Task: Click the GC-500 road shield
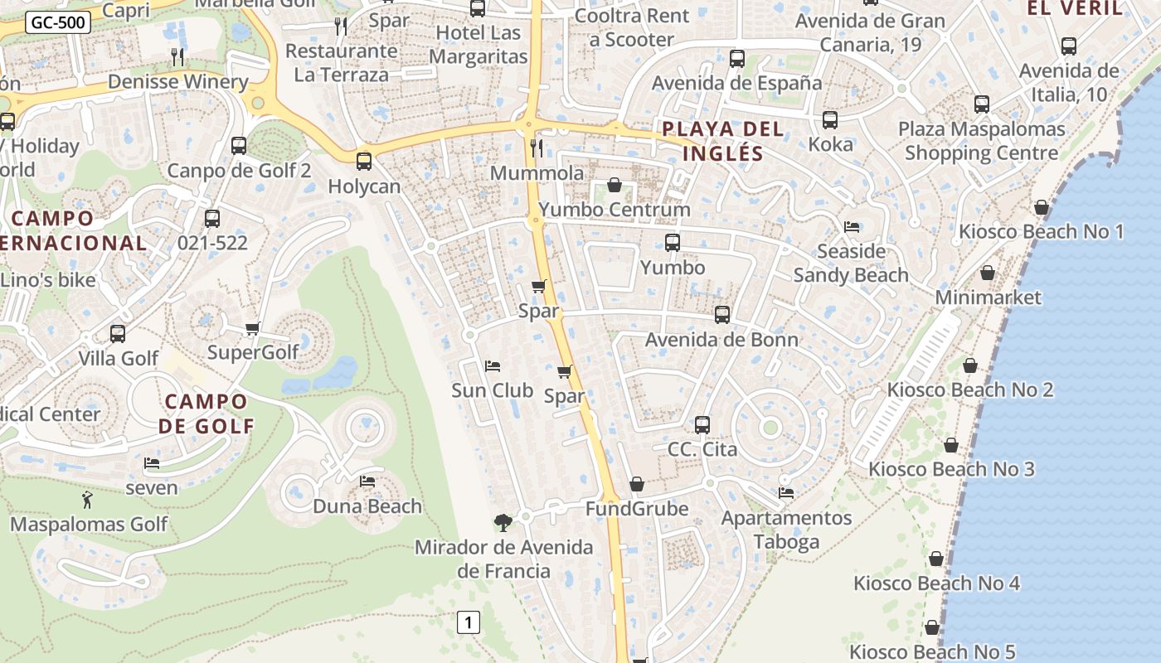tap(57, 22)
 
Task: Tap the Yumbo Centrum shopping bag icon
tap(615, 184)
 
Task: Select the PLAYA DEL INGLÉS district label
tap(723, 141)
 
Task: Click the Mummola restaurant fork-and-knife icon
tap(537, 148)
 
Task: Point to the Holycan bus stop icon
tap(363, 162)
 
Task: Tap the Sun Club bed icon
tap(492, 365)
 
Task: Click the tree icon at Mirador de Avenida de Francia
tap(503, 522)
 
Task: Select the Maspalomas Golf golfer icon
tap(87, 500)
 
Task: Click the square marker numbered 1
tap(469, 622)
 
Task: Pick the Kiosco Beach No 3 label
tap(951, 469)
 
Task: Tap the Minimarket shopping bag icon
tap(988, 273)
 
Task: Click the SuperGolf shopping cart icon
tap(253, 328)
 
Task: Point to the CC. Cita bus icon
tap(702, 425)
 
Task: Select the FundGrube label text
tap(637, 508)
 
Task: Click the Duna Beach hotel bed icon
tap(367, 481)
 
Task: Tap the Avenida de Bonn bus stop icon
tap(722, 315)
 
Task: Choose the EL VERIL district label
tap(1075, 9)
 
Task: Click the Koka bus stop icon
tap(830, 120)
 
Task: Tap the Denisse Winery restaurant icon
tap(177, 56)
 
